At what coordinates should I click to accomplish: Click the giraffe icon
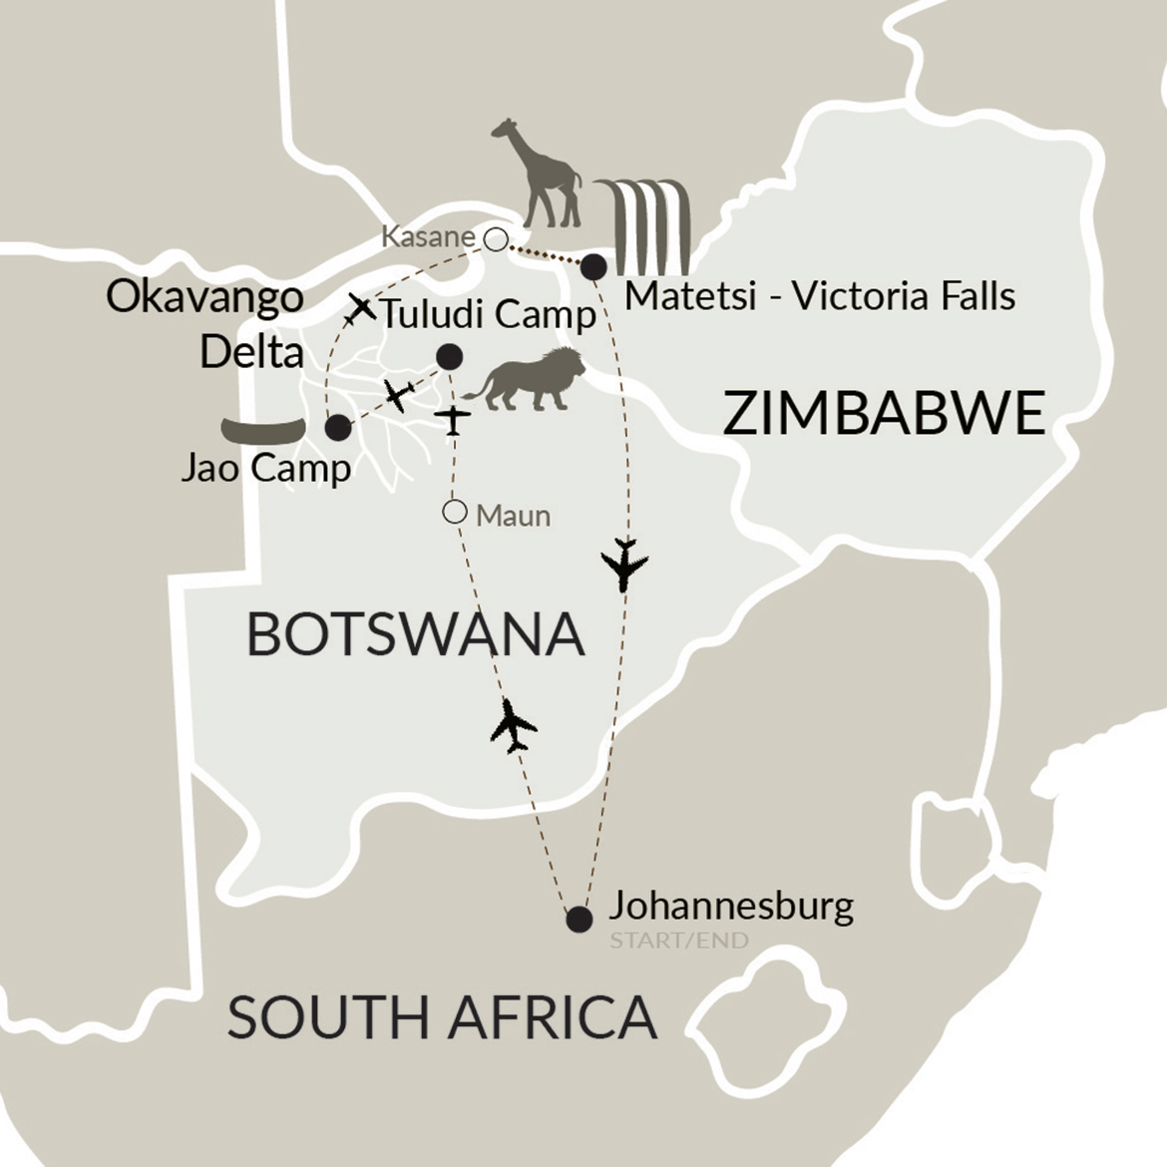coord(543,175)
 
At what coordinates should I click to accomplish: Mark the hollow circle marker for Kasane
coord(495,238)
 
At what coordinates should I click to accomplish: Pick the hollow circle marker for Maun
coord(455,513)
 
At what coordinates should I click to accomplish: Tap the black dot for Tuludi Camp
coord(449,356)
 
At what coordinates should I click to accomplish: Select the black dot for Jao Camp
coord(338,428)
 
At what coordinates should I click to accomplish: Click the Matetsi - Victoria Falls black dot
coord(593,266)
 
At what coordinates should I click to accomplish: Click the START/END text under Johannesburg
coord(678,941)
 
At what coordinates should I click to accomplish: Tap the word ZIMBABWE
coord(883,414)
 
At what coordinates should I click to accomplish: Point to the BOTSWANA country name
coord(415,634)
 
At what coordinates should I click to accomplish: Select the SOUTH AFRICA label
coord(442,1017)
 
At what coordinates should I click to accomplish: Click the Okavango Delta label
coord(205,325)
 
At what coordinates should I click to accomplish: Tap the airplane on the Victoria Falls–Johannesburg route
coord(625,566)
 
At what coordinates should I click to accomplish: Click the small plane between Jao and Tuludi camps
coord(398,395)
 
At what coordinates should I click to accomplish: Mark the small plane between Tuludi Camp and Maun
coord(455,421)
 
